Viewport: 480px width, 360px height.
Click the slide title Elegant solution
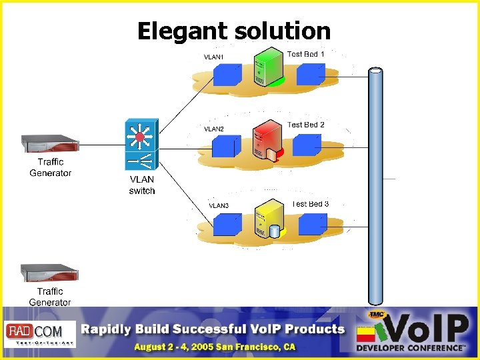coord(233,31)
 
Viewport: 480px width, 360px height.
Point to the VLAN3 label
coord(219,206)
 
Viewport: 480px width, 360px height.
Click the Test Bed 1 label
coord(305,54)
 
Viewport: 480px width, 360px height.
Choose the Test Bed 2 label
coord(305,125)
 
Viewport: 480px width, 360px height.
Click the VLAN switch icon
coord(141,144)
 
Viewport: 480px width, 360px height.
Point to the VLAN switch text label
coord(142,185)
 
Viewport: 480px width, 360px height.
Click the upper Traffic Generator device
coord(50,144)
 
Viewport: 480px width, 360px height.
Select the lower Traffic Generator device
coord(49,273)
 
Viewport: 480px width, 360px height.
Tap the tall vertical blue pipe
coord(376,187)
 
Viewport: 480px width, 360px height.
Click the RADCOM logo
coord(41,333)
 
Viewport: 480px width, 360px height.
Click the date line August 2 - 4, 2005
coord(214,347)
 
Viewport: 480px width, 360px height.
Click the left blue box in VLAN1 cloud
coord(227,75)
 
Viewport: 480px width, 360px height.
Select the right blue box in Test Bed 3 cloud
coord(312,225)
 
